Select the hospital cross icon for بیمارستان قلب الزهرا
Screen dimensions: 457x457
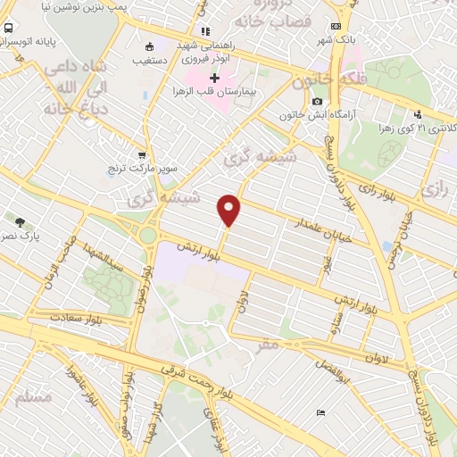point(214,78)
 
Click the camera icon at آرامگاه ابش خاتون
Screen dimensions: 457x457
point(317,102)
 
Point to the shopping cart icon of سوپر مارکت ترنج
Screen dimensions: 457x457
point(141,154)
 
